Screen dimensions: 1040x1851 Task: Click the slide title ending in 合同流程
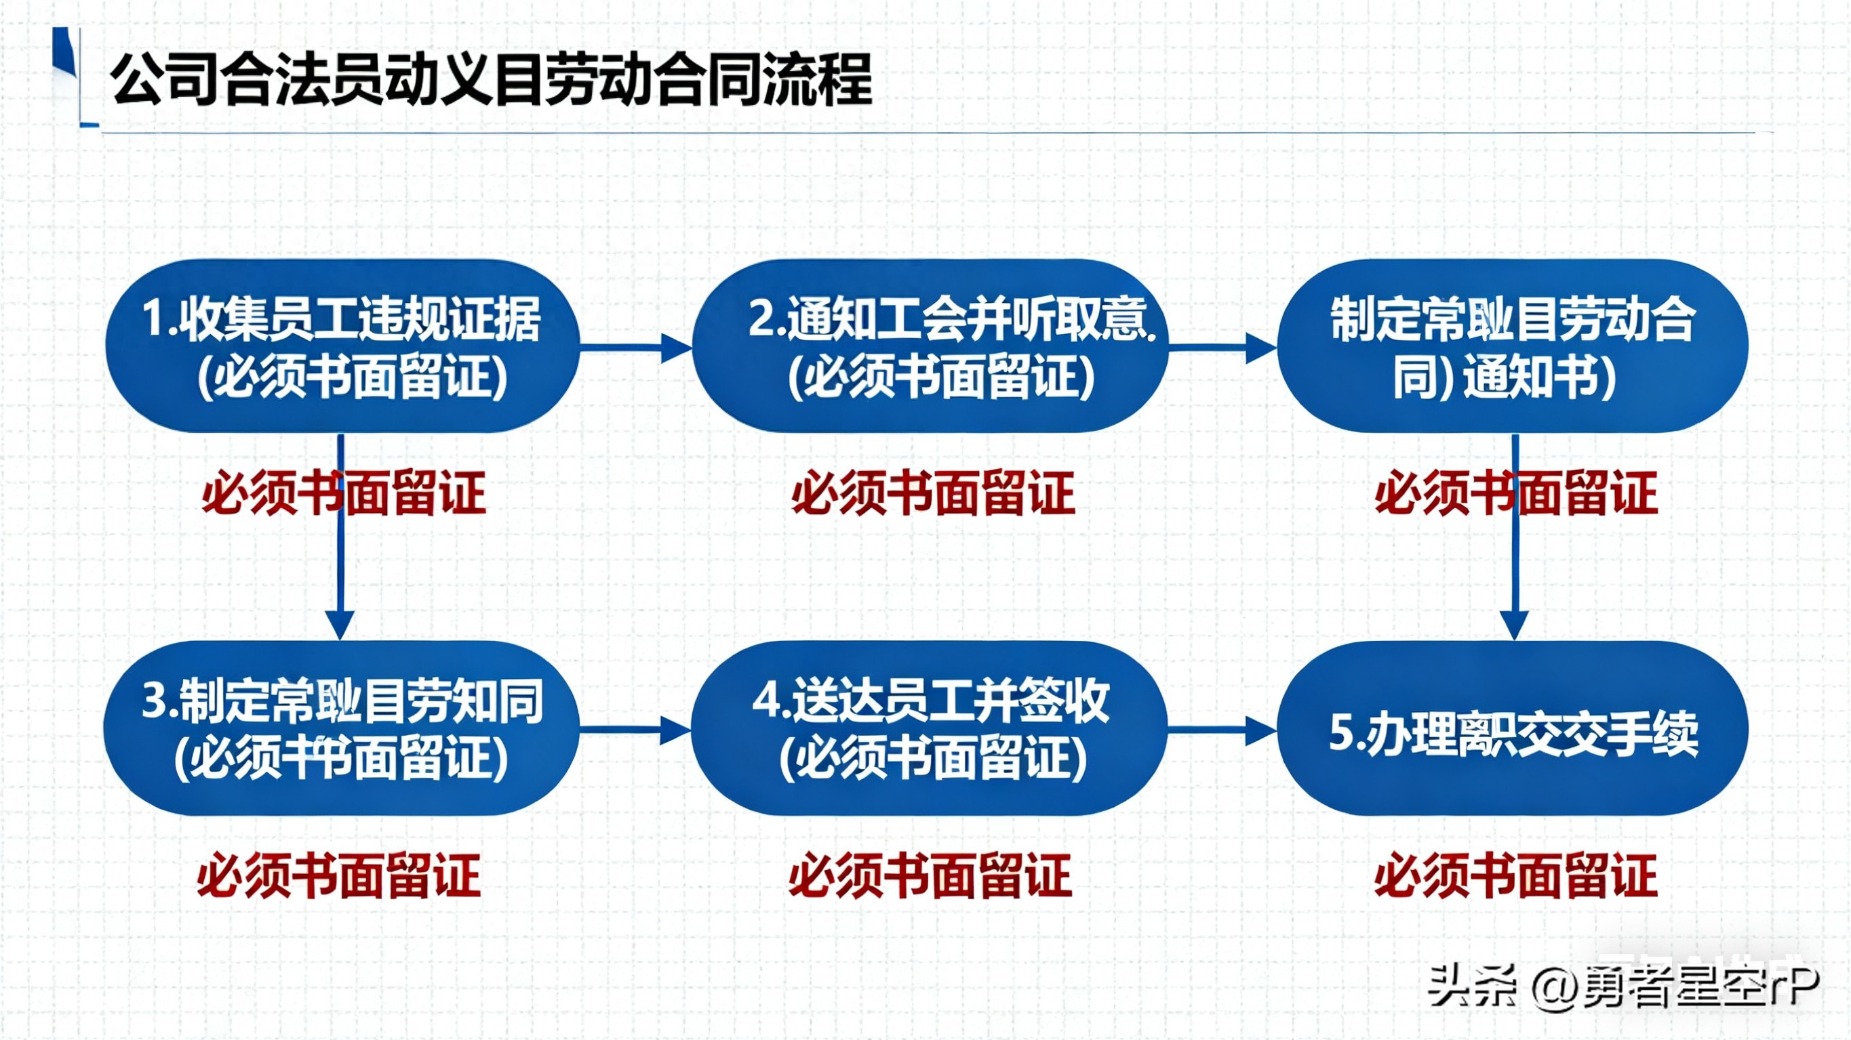click(492, 79)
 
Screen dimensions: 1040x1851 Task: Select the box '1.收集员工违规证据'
click(342, 346)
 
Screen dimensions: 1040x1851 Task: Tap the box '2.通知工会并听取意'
click(930, 346)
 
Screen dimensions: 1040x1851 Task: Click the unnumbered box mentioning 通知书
click(1513, 346)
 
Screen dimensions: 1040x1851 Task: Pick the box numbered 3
click(342, 728)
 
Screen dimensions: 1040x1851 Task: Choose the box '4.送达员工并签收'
click(930, 728)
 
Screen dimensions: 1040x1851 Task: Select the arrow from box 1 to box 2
click(637, 348)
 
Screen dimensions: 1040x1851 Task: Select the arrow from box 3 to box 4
click(637, 730)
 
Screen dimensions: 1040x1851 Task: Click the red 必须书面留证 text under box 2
click(933, 493)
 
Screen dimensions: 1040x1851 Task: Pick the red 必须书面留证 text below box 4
click(930, 875)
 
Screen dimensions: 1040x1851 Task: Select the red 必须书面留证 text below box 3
click(339, 875)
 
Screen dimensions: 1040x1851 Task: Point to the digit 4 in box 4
click(766, 700)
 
